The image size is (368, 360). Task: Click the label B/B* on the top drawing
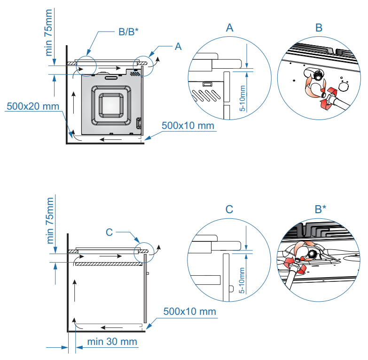click(x=128, y=32)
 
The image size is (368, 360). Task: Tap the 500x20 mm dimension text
click(x=33, y=106)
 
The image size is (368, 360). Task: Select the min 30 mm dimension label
click(x=112, y=341)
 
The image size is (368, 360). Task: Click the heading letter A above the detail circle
click(x=229, y=28)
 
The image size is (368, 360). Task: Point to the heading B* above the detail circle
click(x=321, y=209)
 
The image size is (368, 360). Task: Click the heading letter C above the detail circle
click(x=229, y=209)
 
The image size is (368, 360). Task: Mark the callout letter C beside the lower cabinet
click(x=109, y=232)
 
